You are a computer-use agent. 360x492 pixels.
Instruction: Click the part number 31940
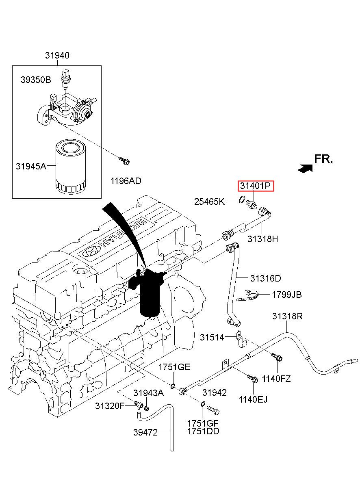(x=57, y=56)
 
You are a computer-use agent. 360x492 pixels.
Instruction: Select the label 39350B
(x=36, y=80)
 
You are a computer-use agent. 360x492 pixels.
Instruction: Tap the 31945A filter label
(x=31, y=166)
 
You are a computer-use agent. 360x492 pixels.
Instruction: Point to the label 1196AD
(x=126, y=181)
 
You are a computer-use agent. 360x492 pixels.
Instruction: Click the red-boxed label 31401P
(x=256, y=186)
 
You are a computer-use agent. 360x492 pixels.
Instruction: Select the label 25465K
(x=209, y=202)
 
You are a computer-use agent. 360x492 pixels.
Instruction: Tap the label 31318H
(x=263, y=239)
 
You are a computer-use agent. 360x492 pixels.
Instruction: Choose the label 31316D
(x=265, y=278)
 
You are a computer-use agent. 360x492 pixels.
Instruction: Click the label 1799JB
(x=287, y=295)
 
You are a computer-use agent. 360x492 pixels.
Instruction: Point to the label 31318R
(x=287, y=316)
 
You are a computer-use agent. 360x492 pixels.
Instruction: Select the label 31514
(x=212, y=337)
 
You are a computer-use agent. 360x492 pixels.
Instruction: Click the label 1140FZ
(x=276, y=379)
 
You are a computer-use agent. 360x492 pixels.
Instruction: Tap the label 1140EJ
(x=253, y=399)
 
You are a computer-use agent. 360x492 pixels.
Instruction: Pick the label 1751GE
(x=174, y=367)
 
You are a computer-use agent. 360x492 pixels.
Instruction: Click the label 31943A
(x=148, y=393)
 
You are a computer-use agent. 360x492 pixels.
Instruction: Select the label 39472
(x=145, y=433)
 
